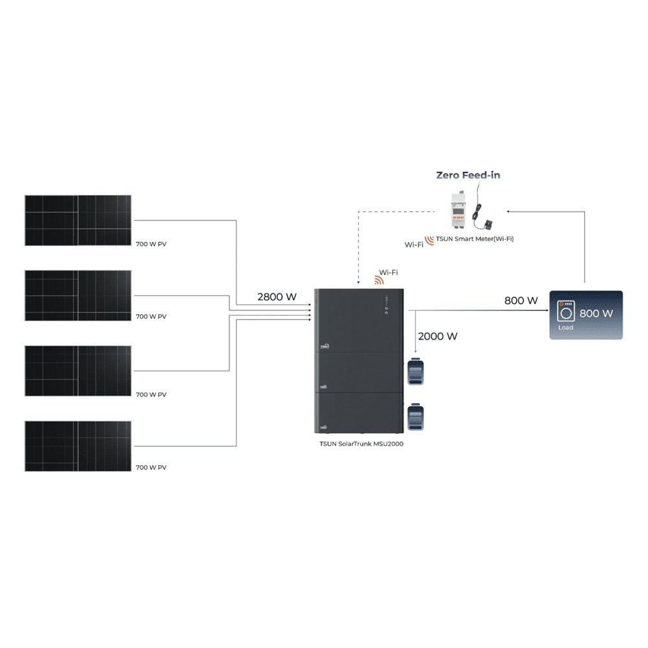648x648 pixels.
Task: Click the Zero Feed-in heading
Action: pyautogui.click(x=468, y=175)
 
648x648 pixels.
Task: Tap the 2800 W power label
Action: pyautogui.click(x=277, y=297)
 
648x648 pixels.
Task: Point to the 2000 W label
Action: pyautogui.click(x=438, y=336)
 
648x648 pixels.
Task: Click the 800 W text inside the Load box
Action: pyautogui.click(x=596, y=314)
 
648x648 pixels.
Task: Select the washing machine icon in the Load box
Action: pyautogui.click(x=566, y=311)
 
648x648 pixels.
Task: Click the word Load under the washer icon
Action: pyautogui.click(x=566, y=328)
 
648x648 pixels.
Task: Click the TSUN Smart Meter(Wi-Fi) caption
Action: pyautogui.click(x=475, y=239)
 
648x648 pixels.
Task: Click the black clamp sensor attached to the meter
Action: pyautogui.click(x=488, y=224)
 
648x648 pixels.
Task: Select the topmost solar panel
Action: pyautogui.click(x=78, y=220)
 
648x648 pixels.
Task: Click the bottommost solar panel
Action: pyautogui.click(x=78, y=446)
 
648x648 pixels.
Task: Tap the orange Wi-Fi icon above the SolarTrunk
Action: pyautogui.click(x=379, y=281)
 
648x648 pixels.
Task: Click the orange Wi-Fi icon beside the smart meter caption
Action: pyautogui.click(x=429, y=240)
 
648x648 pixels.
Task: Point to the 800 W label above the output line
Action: pyautogui.click(x=521, y=301)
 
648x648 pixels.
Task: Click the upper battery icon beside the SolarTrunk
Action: pyautogui.click(x=415, y=372)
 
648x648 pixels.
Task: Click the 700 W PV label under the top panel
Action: pyautogui.click(x=152, y=244)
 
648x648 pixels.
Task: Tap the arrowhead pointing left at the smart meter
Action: pyautogui.click(x=509, y=211)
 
